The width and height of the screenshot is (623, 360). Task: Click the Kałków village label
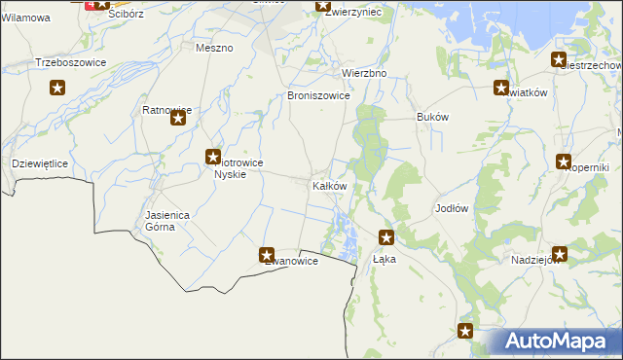click(328, 186)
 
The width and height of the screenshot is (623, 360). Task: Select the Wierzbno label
click(364, 73)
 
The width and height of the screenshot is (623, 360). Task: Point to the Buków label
click(432, 117)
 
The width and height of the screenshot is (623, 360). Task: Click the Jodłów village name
click(452, 209)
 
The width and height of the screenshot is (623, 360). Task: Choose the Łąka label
click(385, 261)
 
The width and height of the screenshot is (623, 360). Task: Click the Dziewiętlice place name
click(39, 164)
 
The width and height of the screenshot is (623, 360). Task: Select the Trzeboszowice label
click(70, 62)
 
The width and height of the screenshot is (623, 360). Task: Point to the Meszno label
click(214, 48)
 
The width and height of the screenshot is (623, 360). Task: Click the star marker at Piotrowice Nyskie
click(212, 157)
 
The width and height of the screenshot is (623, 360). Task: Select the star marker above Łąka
click(386, 236)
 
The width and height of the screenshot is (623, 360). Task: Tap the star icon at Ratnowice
click(178, 119)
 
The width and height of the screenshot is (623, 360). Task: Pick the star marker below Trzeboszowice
click(57, 89)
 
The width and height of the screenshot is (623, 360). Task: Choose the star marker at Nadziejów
click(559, 254)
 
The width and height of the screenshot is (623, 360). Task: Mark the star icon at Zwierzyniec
click(324, 6)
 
